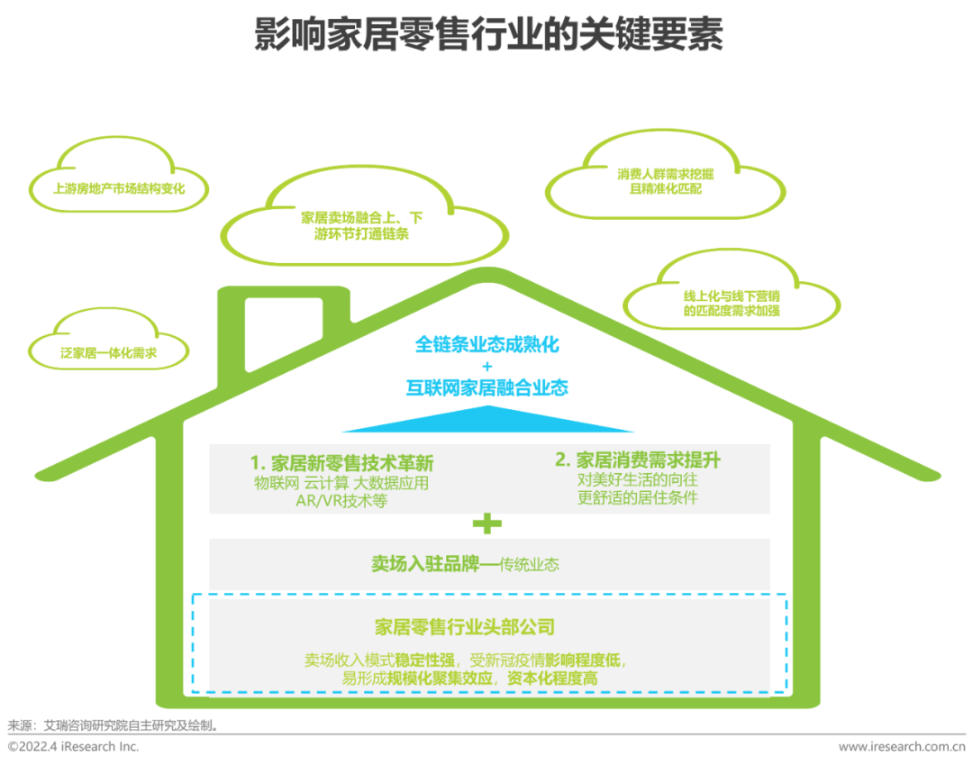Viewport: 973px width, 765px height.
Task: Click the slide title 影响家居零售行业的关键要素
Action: click(487, 36)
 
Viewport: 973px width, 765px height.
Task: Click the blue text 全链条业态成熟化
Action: click(486, 344)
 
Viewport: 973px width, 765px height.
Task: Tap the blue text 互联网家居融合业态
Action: click(486, 388)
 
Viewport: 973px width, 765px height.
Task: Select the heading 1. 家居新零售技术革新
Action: click(341, 463)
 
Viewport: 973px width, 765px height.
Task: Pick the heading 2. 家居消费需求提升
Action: click(637, 460)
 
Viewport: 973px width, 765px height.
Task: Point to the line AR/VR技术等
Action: click(341, 501)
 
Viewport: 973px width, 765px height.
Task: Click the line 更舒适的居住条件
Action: click(637, 497)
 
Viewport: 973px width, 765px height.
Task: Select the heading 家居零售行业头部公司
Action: click(464, 627)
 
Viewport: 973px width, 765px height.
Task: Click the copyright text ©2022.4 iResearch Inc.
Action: click(74, 746)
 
